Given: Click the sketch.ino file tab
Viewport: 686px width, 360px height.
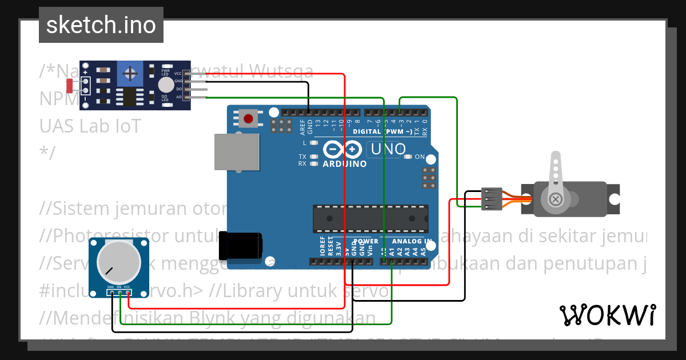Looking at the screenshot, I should click(x=101, y=25).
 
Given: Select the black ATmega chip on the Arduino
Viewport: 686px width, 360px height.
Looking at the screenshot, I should click(x=370, y=218).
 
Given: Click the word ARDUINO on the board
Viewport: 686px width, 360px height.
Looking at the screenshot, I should click(x=345, y=164).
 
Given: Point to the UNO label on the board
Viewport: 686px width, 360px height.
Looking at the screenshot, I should click(x=389, y=150).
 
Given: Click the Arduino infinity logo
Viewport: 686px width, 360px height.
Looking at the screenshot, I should click(x=343, y=150).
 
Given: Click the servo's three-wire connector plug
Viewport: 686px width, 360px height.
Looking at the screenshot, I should click(x=492, y=199).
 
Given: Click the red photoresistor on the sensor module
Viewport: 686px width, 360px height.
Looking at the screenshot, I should click(x=70, y=86).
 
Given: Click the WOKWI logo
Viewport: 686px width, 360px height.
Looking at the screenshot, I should click(x=607, y=315).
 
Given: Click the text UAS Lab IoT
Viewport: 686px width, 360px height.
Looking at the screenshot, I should click(x=90, y=126).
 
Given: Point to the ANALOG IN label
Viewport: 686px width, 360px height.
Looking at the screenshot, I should click(x=408, y=242).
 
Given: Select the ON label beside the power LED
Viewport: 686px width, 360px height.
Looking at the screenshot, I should click(x=420, y=157).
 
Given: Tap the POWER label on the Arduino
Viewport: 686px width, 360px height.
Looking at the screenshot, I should click(x=365, y=242).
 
